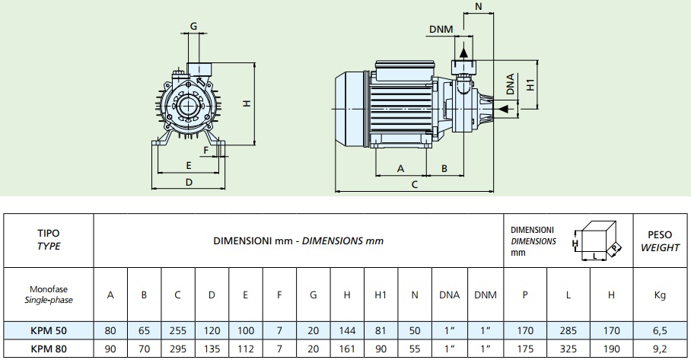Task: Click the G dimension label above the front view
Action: pyautogui.click(x=193, y=27)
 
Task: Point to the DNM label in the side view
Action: pyautogui.click(x=441, y=29)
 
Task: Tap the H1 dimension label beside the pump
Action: pyautogui.click(x=530, y=84)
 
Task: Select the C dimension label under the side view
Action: pyautogui.click(x=414, y=184)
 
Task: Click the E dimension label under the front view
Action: pyautogui.click(x=189, y=166)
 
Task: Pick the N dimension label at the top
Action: pyautogui.click(x=479, y=7)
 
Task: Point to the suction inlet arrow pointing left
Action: pyautogui.click(x=502, y=109)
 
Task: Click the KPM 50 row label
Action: pyautogui.click(x=49, y=331)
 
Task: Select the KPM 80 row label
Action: pyautogui.click(x=49, y=349)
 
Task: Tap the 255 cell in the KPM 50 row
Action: pyautogui.click(x=177, y=331)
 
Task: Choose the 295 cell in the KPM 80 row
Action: pyautogui.click(x=177, y=349)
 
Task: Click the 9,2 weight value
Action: pyautogui.click(x=660, y=349)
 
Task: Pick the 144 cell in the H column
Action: pyautogui.click(x=347, y=331)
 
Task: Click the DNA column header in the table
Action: pyautogui.click(x=450, y=295)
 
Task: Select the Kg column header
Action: pyautogui.click(x=660, y=295)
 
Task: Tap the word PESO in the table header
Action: pyautogui.click(x=660, y=235)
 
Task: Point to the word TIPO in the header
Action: pyautogui.click(x=49, y=234)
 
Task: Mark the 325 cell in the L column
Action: pyautogui.click(x=568, y=349)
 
